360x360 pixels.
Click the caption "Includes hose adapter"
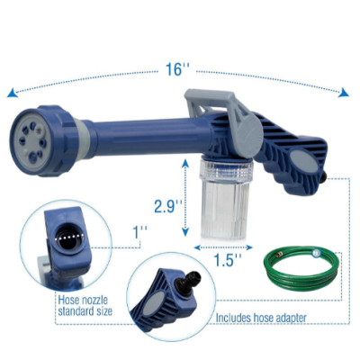click(262, 318)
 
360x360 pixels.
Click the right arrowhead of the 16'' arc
click(348, 94)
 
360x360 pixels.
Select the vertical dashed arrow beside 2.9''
click(190, 206)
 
